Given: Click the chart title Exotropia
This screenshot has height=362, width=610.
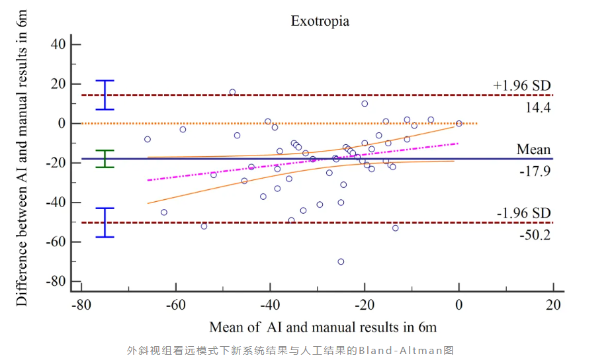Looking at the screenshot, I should (320, 21).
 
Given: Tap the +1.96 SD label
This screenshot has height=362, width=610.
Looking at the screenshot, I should (521, 85).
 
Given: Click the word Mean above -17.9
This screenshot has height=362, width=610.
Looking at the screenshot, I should (533, 150).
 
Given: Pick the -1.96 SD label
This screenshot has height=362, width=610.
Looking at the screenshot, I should (523, 213).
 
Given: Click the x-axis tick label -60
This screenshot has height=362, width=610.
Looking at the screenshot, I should (175, 305).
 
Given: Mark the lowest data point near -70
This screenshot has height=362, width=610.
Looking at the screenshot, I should (341, 261).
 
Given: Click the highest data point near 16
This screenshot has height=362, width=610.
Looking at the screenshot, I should (232, 92).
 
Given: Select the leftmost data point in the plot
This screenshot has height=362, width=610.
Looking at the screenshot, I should (148, 139).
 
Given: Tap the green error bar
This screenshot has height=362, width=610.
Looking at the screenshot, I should (105, 159).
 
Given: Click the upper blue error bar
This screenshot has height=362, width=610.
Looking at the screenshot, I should (105, 95).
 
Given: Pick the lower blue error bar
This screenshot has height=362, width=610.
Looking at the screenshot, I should (105, 222).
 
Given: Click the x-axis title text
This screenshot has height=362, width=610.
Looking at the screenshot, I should (323, 327).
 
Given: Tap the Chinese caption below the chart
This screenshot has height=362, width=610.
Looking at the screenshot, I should (290, 350).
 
